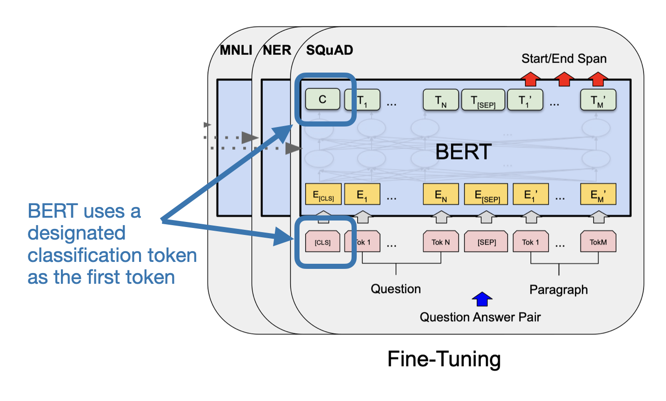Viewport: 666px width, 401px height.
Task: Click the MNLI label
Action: pos(236,50)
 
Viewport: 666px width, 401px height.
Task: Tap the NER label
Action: pos(277,50)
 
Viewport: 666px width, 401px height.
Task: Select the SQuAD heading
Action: pos(329,50)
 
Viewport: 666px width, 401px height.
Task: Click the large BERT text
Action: pos(463,152)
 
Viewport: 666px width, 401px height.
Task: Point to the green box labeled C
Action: pos(322,100)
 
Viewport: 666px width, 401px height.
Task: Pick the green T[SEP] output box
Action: pos(483,100)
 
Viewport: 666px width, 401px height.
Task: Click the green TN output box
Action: pos(440,100)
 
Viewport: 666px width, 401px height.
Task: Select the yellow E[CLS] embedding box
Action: pos(323,194)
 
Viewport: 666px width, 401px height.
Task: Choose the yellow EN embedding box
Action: pos(440,194)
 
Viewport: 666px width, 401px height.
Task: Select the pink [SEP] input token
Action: pos(486,242)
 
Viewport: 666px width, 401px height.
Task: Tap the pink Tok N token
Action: pos(440,242)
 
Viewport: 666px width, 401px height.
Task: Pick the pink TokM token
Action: pos(598,242)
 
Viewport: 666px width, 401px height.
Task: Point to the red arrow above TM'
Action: pos(598,79)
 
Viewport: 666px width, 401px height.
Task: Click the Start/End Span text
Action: pos(564,59)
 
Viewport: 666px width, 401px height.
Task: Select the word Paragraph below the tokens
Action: pos(558,290)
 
